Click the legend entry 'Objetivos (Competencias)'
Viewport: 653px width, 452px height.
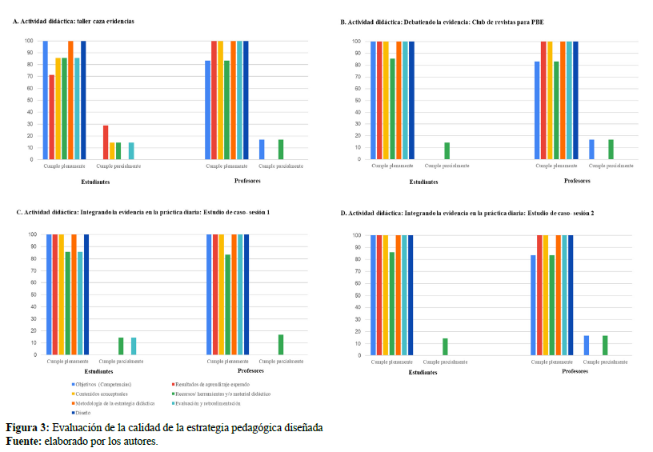(x=101, y=385)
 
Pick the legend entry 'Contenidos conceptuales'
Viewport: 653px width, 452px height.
(x=99, y=394)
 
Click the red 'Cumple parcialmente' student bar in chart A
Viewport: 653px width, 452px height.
(x=106, y=142)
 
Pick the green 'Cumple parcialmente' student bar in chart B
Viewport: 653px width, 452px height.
(x=447, y=150)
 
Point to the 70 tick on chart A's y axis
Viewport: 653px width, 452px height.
(x=28, y=77)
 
